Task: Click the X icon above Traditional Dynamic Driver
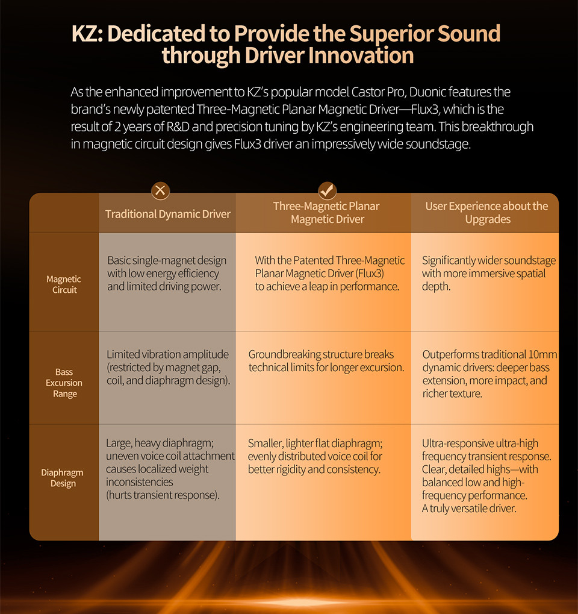(160, 190)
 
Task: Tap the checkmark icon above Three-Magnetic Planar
(327, 190)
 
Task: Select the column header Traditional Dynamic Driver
(168, 214)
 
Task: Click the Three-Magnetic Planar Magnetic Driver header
(326, 213)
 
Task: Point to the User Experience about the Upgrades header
(486, 213)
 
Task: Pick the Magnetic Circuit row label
(64, 284)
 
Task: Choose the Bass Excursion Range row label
(64, 383)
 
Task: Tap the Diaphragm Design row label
(62, 478)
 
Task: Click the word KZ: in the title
(87, 33)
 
